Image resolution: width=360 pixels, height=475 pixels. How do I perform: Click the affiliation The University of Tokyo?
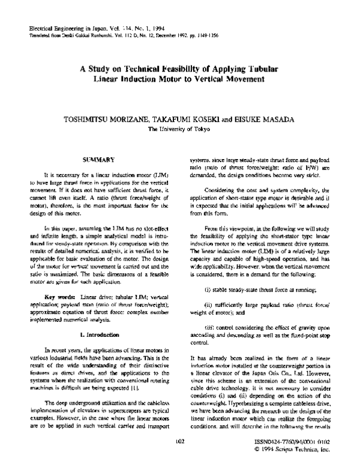(180, 129)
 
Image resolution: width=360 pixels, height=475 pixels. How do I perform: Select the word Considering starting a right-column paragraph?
(220, 189)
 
